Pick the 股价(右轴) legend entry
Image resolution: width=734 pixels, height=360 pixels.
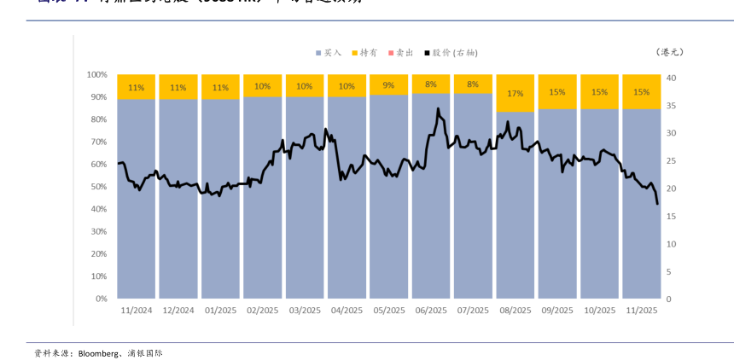pyautogui.click(x=452, y=53)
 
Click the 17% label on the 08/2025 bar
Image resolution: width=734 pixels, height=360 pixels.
pyautogui.click(x=515, y=93)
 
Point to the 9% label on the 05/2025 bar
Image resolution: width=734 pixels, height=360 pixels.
pyautogui.click(x=388, y=85)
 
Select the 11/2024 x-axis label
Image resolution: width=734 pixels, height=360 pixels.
pyautogui.click(x=136, y=311)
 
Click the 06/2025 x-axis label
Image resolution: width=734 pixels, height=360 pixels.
pyautogui.click(x=431, y=311)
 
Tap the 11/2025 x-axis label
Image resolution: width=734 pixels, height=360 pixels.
pyautogui.click(x=641, y=311)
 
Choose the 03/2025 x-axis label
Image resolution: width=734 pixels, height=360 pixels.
pyautogui.click(x=305, y=311)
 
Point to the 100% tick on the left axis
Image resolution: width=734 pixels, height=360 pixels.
pyautogui.click(x=96, y=75)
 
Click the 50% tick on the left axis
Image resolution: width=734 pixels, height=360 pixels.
pyautogui.click(x=98, y=187)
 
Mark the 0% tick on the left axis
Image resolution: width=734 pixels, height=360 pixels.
pyautogui.click(x=101, y=299)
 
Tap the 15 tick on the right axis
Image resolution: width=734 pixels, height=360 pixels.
pyautogui.click(x=673, y=217)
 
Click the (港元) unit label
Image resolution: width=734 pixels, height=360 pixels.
pyautogui.click(x=670, y=52)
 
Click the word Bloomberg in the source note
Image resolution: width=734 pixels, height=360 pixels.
pyautogui.click(x=100, y=352)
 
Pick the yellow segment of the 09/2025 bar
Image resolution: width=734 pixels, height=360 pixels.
pyautogui.click(x=556, y=92)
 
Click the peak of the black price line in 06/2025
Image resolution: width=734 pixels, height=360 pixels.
pyautogui.click(x=438, y=108)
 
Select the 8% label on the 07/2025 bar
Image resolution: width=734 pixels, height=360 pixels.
pyautogui.click(x=473, y=84)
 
